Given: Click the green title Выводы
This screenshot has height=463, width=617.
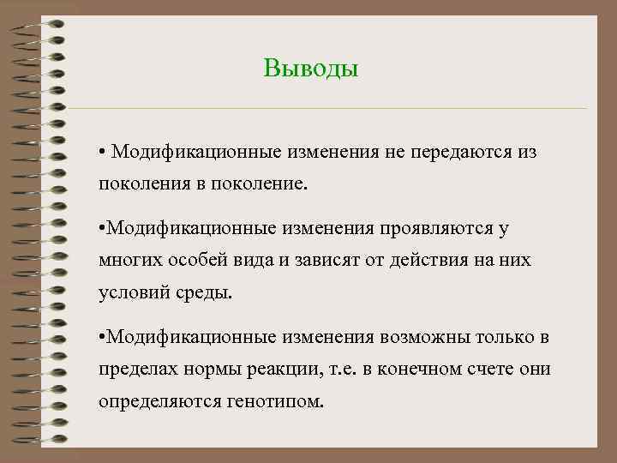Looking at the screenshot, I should tap(310, 68).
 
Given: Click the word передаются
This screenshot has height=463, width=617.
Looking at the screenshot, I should tap(454, 152).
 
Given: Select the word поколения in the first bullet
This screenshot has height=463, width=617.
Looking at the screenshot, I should tap(141, 184).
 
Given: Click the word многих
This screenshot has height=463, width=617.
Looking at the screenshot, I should tap(128, 260).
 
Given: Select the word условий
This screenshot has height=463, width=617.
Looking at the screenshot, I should tap(132, 292).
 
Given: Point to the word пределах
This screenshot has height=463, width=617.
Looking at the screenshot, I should tap(135, 370).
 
